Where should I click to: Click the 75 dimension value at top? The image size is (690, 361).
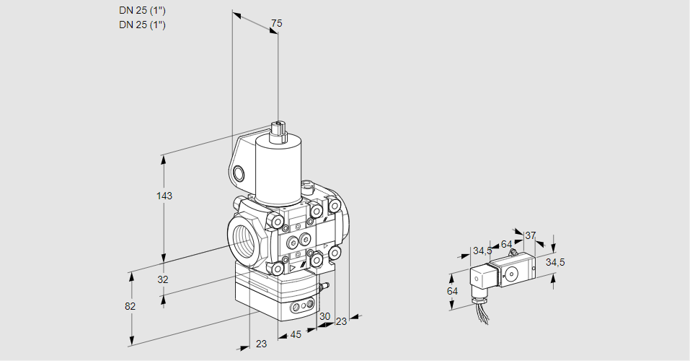[x=276, y=23]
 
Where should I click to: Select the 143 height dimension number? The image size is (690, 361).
[x=164, y=195]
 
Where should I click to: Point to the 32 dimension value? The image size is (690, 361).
[x=163, y=279]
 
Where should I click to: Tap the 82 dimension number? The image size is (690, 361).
[x=130, y=306]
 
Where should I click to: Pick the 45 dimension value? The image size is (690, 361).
[x=296, y=334]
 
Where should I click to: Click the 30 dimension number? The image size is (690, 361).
[x=324, y=316]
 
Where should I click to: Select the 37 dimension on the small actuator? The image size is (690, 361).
[x=530, y=235]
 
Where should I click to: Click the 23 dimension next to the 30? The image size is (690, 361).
[x=342, y=321]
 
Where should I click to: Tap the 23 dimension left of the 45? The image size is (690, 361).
[x=262, y=344]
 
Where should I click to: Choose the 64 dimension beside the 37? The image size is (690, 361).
[x=506, y=244]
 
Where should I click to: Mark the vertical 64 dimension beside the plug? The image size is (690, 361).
[x=452, y=291]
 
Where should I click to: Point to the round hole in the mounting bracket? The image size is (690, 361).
[x=238, y=173]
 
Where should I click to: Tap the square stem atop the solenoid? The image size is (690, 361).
[x=278, y=130]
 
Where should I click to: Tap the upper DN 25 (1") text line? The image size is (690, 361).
[x=142, y=11]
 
